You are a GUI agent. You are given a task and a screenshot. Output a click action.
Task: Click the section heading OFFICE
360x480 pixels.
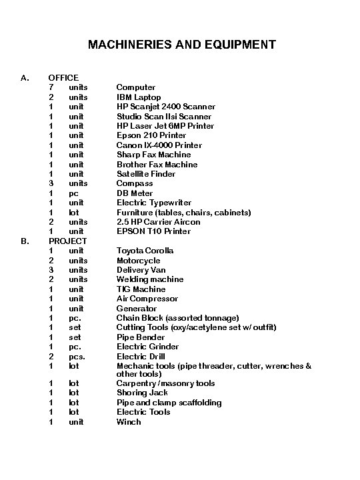pyautogui.click(x=63, y=77)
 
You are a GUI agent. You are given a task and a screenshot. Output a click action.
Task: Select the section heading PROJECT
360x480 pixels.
pyautogui.click(x=68, y=241)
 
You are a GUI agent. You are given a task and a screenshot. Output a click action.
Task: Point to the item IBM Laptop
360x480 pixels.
pyautogui.click(x=139, y=97)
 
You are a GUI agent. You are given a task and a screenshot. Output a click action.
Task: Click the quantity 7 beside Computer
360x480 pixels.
pyautogui.click(x=51, y=87)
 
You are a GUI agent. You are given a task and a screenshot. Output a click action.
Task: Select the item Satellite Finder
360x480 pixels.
pyautogui.click(x=146, y=173)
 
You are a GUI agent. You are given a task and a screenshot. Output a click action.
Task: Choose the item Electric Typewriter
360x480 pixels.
pyautogui.click(x=154, y=203)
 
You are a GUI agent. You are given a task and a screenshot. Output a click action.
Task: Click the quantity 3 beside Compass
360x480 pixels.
pyautogui.click(x=51, y=183)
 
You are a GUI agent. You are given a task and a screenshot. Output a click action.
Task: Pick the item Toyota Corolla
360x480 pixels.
pyautogui.click(x=145, y=251)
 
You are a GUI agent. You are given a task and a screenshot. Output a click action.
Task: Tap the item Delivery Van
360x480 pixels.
pyautogui.click(x=141, y=270)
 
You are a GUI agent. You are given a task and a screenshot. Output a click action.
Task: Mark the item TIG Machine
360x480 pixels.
pyautogui.click(x=141, y=289)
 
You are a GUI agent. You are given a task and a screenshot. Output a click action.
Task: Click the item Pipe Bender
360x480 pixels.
pyautogui.click(x=140, y=337)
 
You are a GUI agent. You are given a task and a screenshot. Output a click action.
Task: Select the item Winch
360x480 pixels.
pyautogui.click(x=129, y=422)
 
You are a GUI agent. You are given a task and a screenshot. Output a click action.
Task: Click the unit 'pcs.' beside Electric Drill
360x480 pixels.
pyautogui.click(x=77, y=357)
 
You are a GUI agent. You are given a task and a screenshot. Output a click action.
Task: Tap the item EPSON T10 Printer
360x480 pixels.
pyautogui.click(x=153, y=231)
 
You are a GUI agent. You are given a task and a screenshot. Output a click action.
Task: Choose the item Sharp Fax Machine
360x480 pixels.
pyautogui.click(x=153, y=155)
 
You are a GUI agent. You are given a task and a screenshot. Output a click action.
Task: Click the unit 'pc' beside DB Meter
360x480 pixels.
pyautogui.click(x=73, y=193)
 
